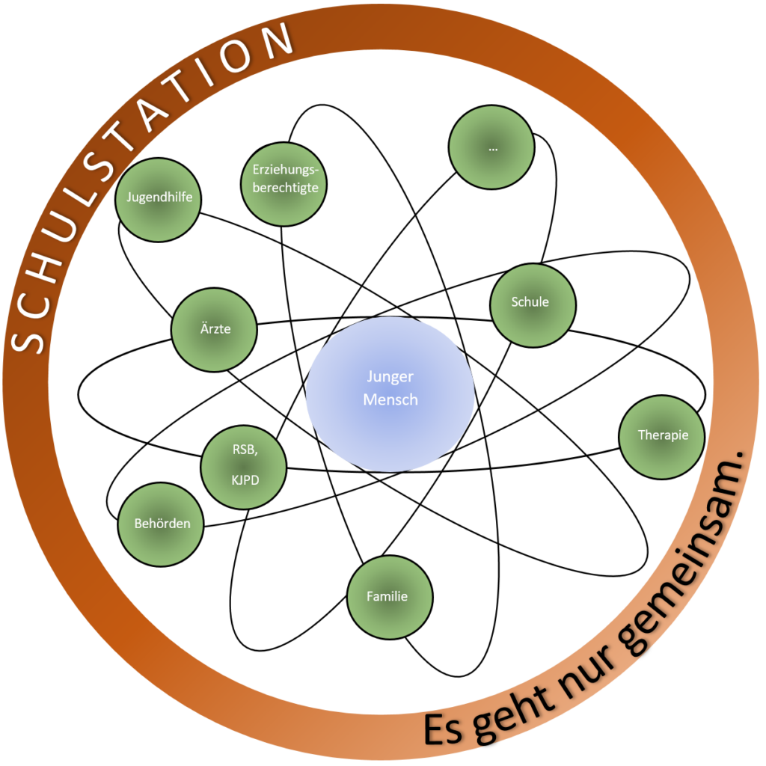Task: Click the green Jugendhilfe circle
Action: point(158,199)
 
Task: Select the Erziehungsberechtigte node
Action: point(284,184)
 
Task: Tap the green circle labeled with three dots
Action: point(491,147)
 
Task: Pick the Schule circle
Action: point(533,305)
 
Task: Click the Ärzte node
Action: point(214,330)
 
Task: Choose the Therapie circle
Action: point(662,437)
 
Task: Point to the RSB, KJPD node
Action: point(243,468)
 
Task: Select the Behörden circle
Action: point(161,524)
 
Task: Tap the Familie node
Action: point(390,597)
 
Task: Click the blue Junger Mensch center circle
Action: point(390,393)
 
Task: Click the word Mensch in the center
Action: point(390,399)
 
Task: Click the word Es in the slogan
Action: point(443,729)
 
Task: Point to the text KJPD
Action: point(245,480)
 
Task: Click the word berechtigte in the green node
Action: point(285,188)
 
